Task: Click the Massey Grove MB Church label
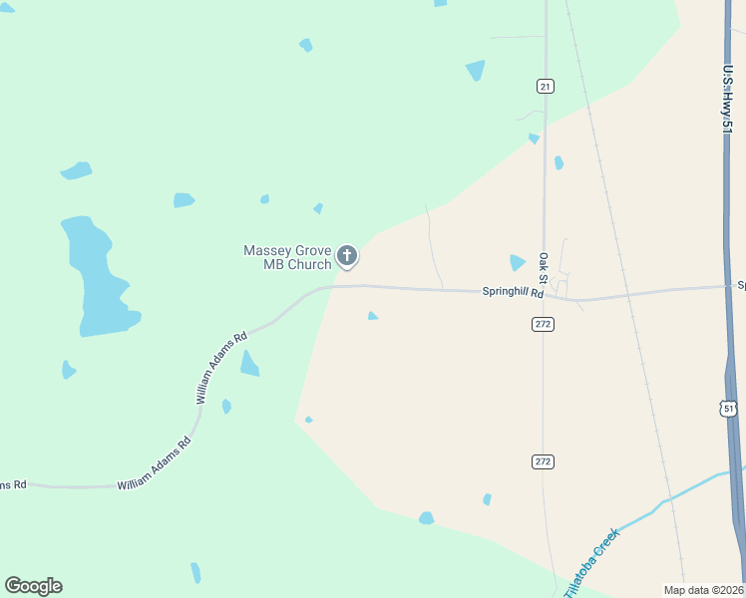click(287, 257)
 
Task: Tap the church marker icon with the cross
click(347, 257)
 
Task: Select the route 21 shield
click(545, 87)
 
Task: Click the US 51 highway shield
click(729, 409)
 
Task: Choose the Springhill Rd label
click(513, 293)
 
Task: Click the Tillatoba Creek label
click(592, 562)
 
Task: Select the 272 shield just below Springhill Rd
click(544, 324)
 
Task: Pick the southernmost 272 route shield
click(544, 461)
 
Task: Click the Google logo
click(33, 586)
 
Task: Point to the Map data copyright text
click(703, 589)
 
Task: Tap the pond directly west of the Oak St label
click(517, 263)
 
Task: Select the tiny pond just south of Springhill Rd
click(372, 316)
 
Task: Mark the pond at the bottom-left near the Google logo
click(195, 573)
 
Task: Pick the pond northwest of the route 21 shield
click(475, 70)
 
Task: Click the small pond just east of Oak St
click(559, 162)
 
